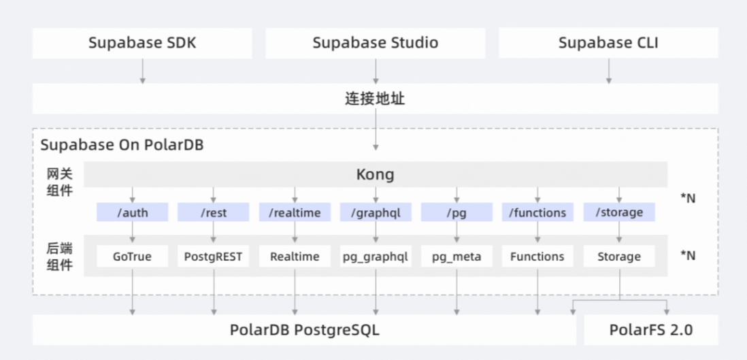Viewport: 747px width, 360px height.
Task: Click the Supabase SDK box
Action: (142, 44)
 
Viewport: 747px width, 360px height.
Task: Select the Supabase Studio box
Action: (375, 44)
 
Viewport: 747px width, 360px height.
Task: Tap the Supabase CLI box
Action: (608, 44)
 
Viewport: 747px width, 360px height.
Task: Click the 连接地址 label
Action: (375, 99)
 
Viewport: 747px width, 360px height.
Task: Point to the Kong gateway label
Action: (375, 175)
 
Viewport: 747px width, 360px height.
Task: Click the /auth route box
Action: (132, 212)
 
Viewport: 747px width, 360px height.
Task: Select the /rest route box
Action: (213, 212)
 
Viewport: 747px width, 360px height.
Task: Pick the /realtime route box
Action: (295, 212)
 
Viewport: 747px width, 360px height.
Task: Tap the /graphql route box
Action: (376, 212)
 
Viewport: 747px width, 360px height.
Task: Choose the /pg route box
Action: (456, 212)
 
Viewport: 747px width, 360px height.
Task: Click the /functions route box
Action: (537, 212)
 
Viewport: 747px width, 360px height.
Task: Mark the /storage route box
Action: (618, 212)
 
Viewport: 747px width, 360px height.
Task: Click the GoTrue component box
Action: (132, 257)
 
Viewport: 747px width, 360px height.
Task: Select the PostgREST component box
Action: (213, 257)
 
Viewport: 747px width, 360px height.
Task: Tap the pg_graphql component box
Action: (376, 257)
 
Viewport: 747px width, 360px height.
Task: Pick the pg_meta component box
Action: (456, 257)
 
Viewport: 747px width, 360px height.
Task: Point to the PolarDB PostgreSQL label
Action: (304, 331)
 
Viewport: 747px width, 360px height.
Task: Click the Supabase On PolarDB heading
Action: (122, 146)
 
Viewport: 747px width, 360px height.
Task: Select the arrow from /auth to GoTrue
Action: (132, 233)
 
